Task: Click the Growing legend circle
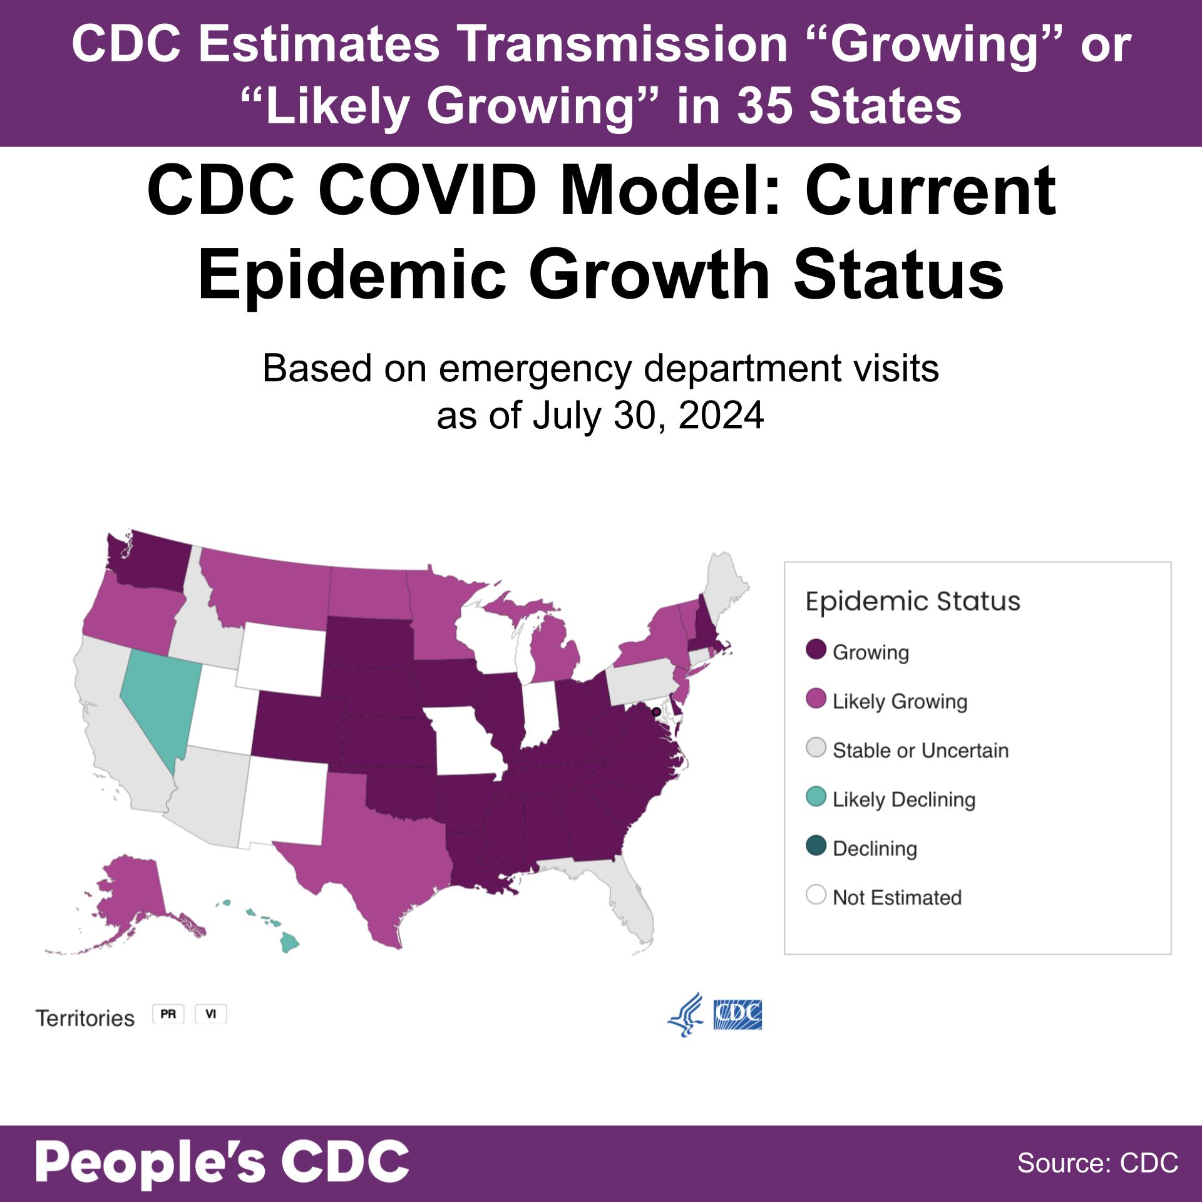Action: (x=816, y=651)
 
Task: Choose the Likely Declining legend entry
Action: (x=903, y=799)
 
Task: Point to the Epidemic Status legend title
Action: (x=913, y=601)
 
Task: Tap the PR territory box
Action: (x=168, y=1014)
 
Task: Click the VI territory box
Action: (x=210, y=1014)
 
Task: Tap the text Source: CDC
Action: (x=1097, y=1163)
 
